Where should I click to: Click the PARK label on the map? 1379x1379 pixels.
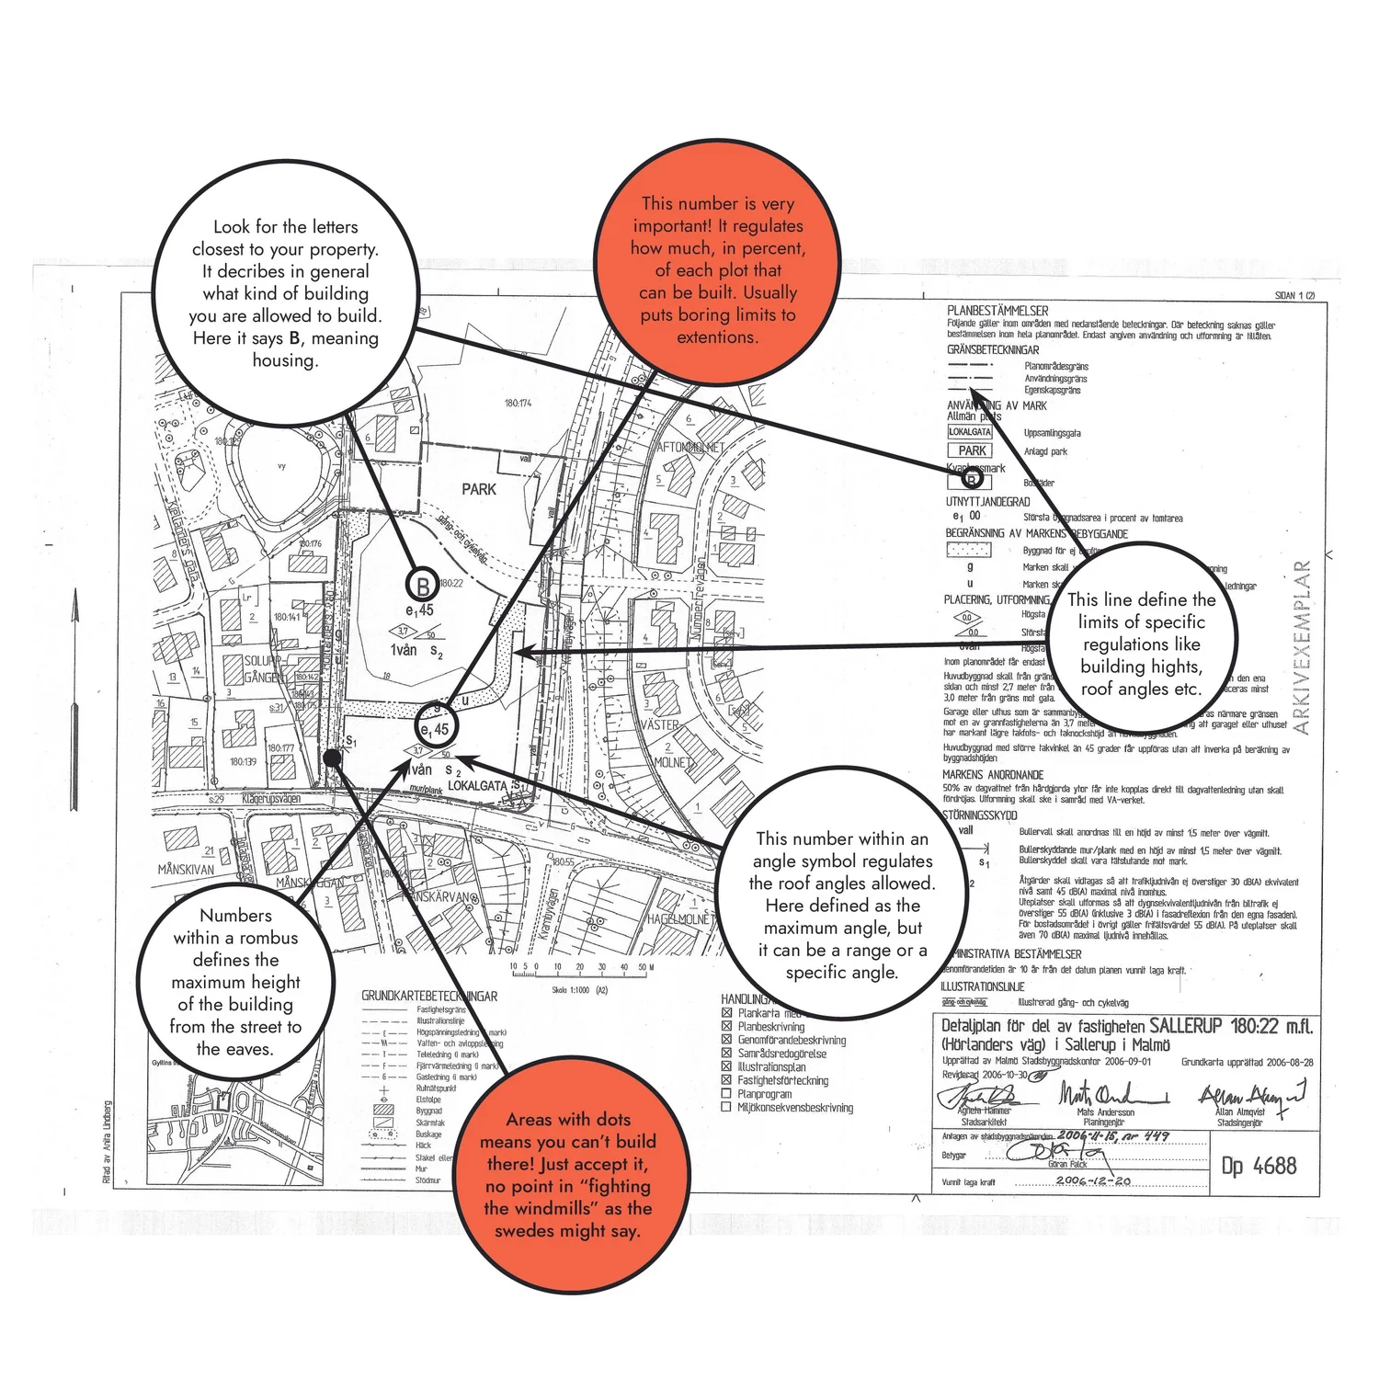pyautogui.click(x=478, y=490)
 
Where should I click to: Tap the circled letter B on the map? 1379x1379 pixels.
pyautogui.click(x=423, y=586)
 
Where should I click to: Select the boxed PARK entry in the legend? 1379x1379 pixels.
pyautogui.click(x=971, y=450)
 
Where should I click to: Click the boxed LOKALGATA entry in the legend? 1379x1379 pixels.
pyautogui.click(x=970, y=431)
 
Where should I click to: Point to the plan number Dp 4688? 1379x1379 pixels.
pyautogui.click(x=1259, y=1166)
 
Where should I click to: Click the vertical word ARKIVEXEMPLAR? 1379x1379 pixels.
pyautogui.click(x=1302, y=647)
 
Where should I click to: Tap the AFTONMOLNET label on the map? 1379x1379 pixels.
pyautogui.click(x=691, y=448)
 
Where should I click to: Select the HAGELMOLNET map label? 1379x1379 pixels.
pyautogui.click(x=679, y=918)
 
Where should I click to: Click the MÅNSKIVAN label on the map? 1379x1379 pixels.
pyautogui.click(x=186, y=869)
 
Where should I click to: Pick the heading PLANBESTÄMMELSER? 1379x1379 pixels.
pyautogui.click(x=997, y=311)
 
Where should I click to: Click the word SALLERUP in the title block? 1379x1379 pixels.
pyautogui.click(x=1185, y=1026)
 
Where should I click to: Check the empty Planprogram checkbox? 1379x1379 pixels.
pyautogui.click(x=726, y=1094)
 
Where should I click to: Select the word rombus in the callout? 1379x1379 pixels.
pyautogui.click(x=268, y=938)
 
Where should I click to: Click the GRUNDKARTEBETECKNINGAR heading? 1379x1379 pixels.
pyautogui.click(x=429, y=996)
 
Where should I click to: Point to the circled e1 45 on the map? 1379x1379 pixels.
pyautogui.click(x=436, y=728)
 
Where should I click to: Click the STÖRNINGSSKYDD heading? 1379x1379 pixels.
pyautogui.click(x=980, y=815)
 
